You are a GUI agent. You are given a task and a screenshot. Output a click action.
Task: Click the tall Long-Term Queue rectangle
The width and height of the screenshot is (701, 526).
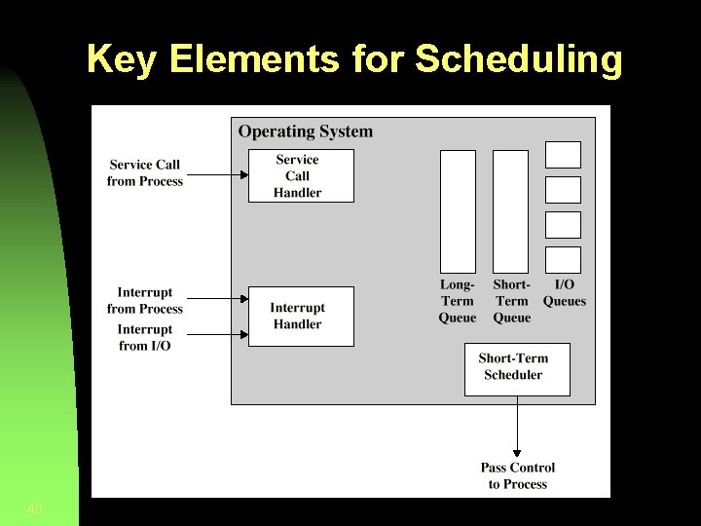[458, 211]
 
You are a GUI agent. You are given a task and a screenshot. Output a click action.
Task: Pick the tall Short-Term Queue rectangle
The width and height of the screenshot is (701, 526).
[511, 211]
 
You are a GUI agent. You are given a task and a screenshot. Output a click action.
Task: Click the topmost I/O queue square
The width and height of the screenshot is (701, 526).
[563, 155]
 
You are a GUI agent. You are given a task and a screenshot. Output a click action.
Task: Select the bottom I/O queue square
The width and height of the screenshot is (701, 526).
[563, 260]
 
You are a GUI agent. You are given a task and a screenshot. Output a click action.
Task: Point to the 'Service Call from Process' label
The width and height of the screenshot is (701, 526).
[145, 173]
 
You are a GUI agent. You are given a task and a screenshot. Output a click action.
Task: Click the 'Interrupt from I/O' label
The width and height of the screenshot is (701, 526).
[145, 338]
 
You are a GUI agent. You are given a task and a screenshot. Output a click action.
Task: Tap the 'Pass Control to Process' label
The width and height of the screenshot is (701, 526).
[518, 476]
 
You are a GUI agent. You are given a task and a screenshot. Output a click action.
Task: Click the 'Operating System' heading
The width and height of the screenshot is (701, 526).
[306, 131]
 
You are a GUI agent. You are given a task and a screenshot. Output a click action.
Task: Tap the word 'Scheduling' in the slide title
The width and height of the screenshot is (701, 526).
[519, 59]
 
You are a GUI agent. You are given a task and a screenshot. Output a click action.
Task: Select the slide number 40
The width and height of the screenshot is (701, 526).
[35, 508]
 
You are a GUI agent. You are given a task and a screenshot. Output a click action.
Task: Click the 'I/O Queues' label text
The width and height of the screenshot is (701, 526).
[565, 293]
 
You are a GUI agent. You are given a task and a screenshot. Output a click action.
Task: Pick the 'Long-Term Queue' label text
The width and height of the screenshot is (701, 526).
[458, 301]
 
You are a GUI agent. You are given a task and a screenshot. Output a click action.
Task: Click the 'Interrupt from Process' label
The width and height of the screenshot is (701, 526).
[145, 300]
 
